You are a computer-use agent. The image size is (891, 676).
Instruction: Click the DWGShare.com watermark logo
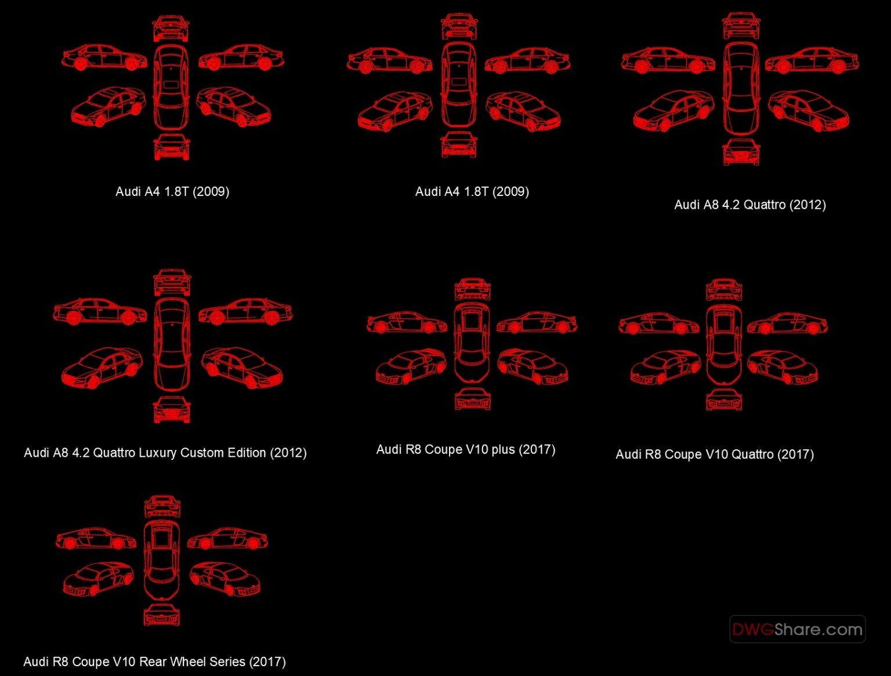[x=797, y=629]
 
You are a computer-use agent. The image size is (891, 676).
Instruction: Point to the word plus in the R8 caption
[x=502, y=450]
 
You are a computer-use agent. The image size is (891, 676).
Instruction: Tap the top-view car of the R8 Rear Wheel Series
[x=161, y=561]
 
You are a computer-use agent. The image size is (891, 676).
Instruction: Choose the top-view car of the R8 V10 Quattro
[x=723, y=345]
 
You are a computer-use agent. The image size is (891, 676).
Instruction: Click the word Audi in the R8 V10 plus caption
[x=389, y=450]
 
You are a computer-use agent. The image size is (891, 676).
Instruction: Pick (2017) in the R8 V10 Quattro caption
[x=795, y=455]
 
